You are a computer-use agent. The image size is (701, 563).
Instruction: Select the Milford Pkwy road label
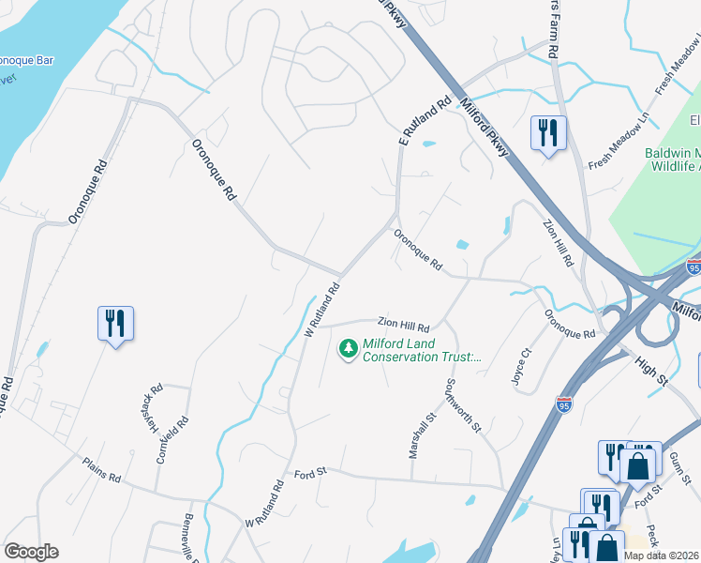[485, 130]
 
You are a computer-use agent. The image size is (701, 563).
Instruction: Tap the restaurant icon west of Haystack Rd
[115, 324]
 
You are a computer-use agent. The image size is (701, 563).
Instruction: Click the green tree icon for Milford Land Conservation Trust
[349, 349]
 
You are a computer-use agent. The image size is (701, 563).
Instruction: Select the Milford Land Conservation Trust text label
[422, 350]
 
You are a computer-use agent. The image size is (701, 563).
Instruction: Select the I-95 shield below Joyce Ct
[563, 403]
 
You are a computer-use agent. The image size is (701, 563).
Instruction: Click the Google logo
[31, 552]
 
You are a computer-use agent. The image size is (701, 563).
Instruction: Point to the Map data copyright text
[662, 555]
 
